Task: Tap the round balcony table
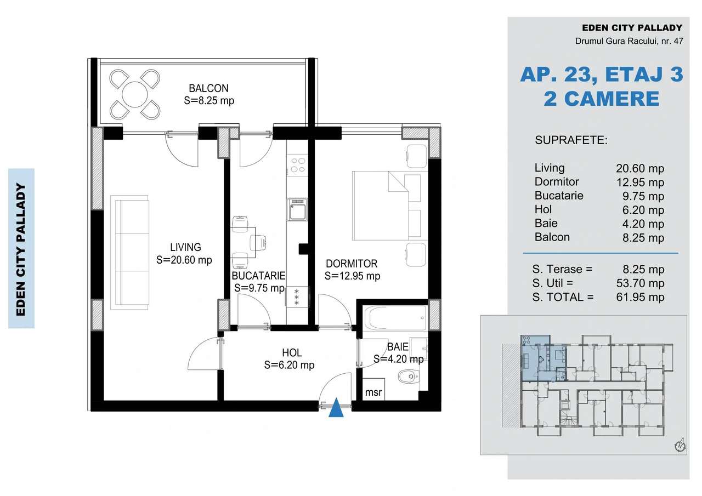pyautogui.click(x=134, y=95)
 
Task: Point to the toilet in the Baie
pyautogui.click(x=407, y=376)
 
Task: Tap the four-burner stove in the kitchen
pyautogui.click(x=298, y=165)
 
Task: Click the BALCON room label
pyautogui.click(x=208, y=88)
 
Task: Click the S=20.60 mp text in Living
pyautogui.click(x=184, y=260)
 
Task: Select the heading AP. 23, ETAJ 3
pyautogui.click(x=601, y=75)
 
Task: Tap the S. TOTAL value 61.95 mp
pyautogui.click(x=640, y=298)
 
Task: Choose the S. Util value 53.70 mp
pyautogui.click(x=640, y=283)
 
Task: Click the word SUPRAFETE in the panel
pyautogui.click(x=571, y=140)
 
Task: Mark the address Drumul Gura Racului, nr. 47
pyautogui.click(x=629, y=41)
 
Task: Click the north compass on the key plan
pyautogui.click(x=680, y=445)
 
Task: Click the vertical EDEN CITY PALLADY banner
pyautogui.click(x=21, y=248)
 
